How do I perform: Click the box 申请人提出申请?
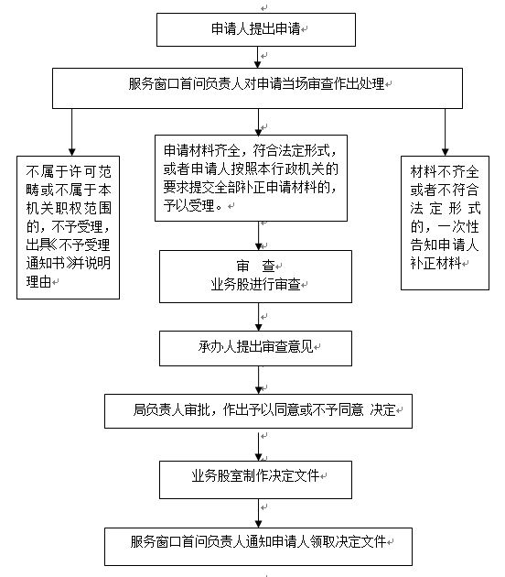[x=256, y=30]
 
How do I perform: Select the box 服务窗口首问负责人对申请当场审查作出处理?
[x=257, y=88]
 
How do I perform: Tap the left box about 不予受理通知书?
[x=68, y=227]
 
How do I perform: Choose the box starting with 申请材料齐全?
[x=251, y=178]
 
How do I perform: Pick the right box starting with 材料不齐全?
[x=445, y=223]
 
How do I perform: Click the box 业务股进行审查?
[x=255, y=277]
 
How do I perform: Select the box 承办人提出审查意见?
[x=255, y=348]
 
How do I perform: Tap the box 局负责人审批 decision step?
[x=258, y=411]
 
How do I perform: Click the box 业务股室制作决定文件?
[x=255, y=480]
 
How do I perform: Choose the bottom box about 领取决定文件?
[x=258, y=547]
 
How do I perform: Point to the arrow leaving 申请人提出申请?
[x=258, y=57]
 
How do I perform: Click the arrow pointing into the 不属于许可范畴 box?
[x=72, y=132]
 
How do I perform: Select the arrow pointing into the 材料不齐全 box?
[x=446, y=132]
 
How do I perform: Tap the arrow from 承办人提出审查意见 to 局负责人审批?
[x=258, y=380]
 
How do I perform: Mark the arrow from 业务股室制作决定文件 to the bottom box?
[x=258, y=513]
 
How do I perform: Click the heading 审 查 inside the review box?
[x=255, y=266]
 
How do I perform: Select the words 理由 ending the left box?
[x=38, y=282]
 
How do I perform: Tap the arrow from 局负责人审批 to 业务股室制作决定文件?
[x=258, y=444]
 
